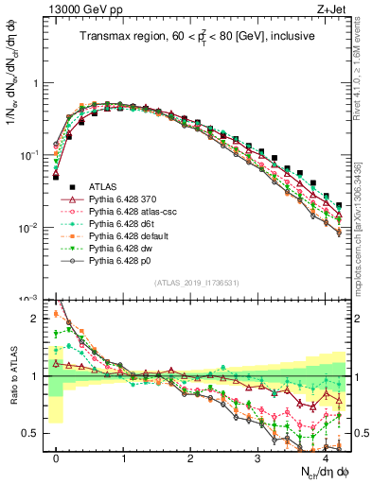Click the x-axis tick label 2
(x=191, y=458)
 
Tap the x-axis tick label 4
(x=326, y=458)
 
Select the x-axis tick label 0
(x=57, y=458)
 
